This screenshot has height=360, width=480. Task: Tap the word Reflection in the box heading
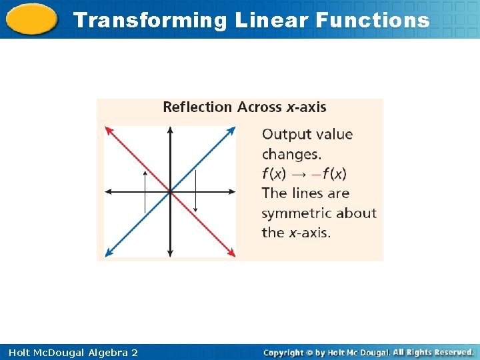[x=197, y=107]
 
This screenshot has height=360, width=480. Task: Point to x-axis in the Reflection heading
[x=306, y=107]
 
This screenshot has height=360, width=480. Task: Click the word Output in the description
[x=287, y=134]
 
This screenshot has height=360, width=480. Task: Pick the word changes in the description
[x=291, y=154]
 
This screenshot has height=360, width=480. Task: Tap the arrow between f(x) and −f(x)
[x=299, y=174]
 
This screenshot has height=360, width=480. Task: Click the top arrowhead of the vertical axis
[x=170, y=129]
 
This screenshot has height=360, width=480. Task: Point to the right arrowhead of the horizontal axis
[x=232, y=192]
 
